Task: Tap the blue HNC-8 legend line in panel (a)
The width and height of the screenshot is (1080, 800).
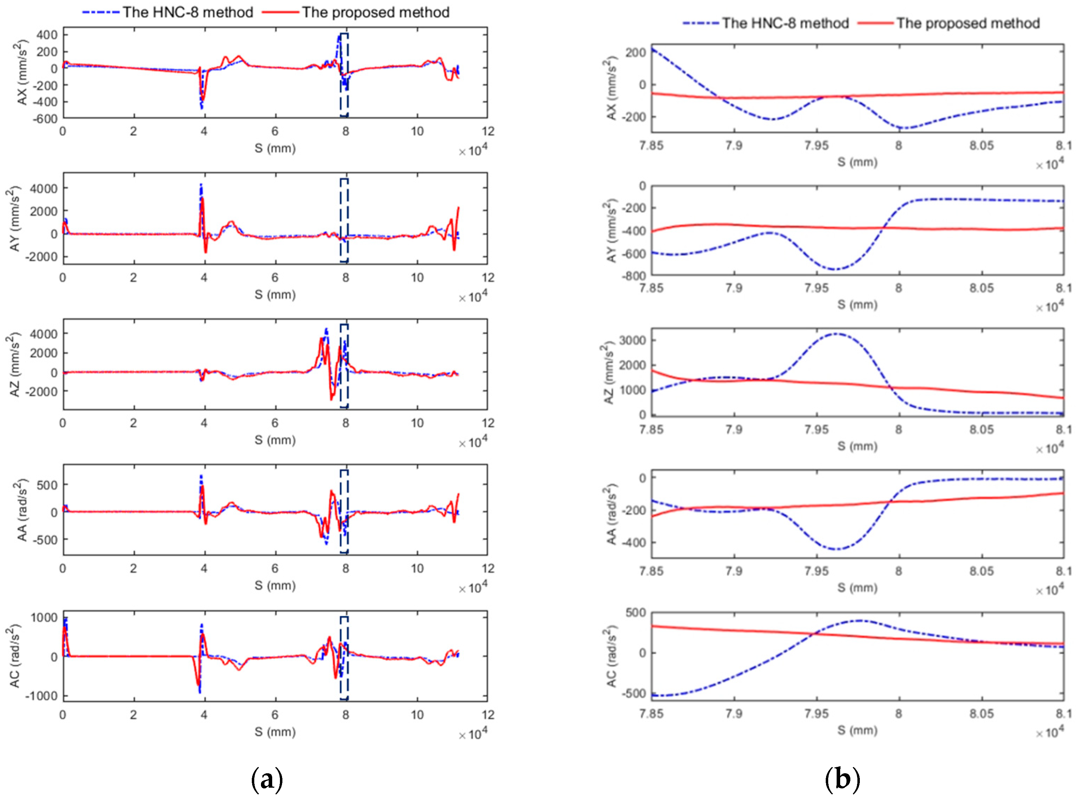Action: point(100,12)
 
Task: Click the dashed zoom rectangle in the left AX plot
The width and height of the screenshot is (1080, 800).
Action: point(344,75)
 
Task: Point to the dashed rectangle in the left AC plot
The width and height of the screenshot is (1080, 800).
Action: point(344,658)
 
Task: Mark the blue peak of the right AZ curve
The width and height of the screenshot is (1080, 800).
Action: point(836,334)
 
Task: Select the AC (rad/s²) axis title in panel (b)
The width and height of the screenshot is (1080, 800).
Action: point(612,656)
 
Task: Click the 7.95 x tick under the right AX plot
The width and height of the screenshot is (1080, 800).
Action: point(817,145)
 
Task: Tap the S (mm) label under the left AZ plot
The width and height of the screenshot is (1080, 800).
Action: point(275,440)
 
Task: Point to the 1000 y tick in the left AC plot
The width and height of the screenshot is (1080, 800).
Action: point(44,617)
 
